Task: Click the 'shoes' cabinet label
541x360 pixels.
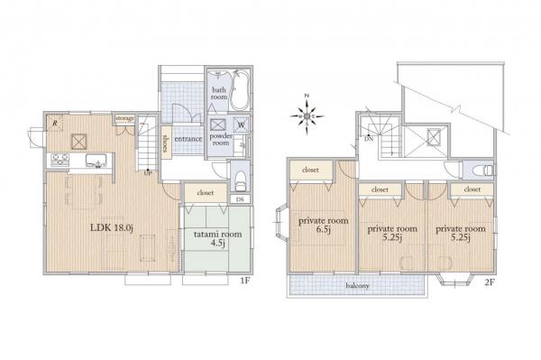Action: [167, 143]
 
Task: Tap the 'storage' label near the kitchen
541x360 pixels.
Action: [124, 117]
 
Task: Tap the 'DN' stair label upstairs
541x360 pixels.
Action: [370, 139]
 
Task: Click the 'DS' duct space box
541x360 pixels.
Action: [239, 198]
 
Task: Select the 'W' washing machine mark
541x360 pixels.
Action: [240, 125]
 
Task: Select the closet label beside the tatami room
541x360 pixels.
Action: [204, 192]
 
